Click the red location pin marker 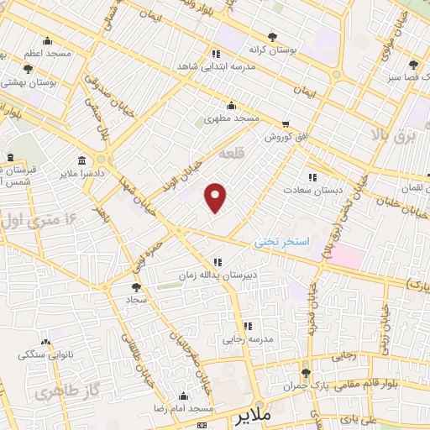point(216,198)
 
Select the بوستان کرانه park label point(271,50)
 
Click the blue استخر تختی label point(282,242)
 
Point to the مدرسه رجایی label point(245,340)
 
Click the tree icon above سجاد point(136,287)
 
